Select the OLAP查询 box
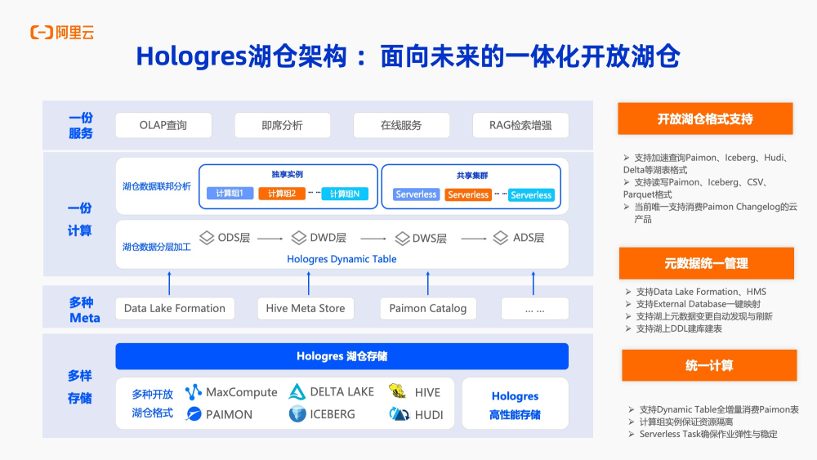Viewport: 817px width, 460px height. point(163,125)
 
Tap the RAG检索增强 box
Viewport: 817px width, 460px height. point(520,125)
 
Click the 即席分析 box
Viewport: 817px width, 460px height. point(282,125)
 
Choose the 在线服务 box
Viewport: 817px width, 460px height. point(401,125)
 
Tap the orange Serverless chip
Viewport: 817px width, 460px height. point(468,194)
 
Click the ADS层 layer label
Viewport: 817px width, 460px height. point(519,238)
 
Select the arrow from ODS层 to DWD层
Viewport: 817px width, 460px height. point(270,239)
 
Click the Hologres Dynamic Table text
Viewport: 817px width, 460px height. point(342,259)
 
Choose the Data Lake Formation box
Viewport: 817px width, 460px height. point(175,308)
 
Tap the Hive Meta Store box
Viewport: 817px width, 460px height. point(306,308)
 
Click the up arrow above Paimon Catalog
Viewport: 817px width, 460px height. point(428,283)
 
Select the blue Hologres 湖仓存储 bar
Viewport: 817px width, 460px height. point(342,356)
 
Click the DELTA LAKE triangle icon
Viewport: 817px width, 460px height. point(297,392)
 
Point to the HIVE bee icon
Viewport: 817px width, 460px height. point(398,391)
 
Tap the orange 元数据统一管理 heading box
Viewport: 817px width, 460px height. point(706,263)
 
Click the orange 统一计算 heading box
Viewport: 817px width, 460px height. point(708,365)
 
